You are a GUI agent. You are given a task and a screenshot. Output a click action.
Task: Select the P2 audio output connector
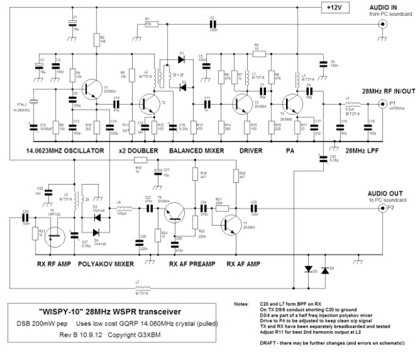click(x=385, y=208)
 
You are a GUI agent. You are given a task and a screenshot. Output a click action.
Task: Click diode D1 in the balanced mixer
click(x=181, y=59)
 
